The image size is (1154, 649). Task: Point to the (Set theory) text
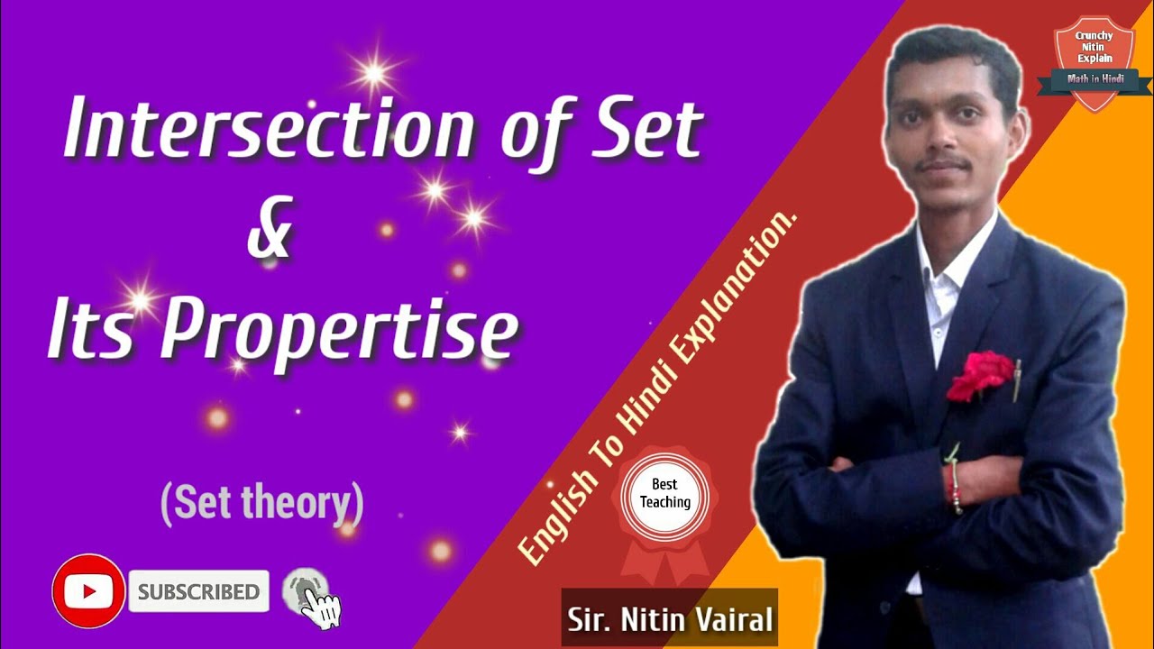(261, 503)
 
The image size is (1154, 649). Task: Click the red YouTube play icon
(88, 591)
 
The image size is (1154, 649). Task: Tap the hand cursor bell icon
(310, 595)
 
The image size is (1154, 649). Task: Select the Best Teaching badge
(665, 497)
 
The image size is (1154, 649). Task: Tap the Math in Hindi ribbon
(1094, 80)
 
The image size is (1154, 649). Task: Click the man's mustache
(943, 164)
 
